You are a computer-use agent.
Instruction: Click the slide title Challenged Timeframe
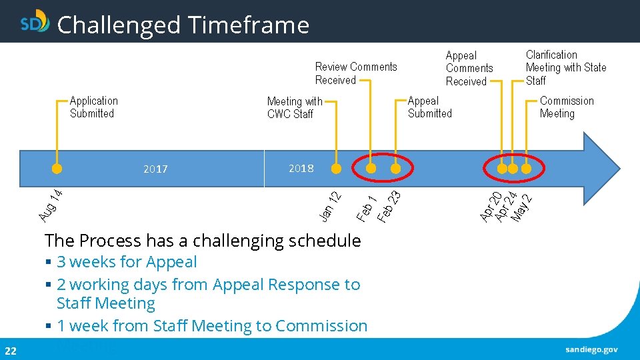coord(183,25)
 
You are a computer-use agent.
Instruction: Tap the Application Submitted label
coord(93,107)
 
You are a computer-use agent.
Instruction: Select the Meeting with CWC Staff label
coord(294,107)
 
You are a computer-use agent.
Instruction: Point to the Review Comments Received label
coord(355,73)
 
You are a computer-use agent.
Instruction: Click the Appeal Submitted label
coord(429,107)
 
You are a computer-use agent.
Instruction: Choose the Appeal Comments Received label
coord(469,68)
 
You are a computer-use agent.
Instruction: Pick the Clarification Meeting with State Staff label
coord(565,67)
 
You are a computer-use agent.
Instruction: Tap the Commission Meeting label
coord(566,107)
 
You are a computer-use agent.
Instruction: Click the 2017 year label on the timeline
coord(155,169)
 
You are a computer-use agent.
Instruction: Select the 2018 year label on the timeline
coord(301,168)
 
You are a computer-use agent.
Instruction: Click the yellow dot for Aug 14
coord(57,169)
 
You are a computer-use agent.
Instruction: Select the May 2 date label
coord(522,208)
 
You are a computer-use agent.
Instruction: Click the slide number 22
coord(10,351)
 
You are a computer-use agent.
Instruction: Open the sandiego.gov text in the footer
coord(591,349)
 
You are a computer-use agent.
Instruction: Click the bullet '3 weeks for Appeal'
coord(127,262)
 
